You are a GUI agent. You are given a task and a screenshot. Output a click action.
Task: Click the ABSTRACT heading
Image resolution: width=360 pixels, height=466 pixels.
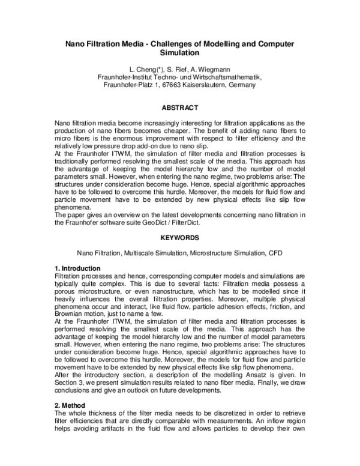pos(180,107)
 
